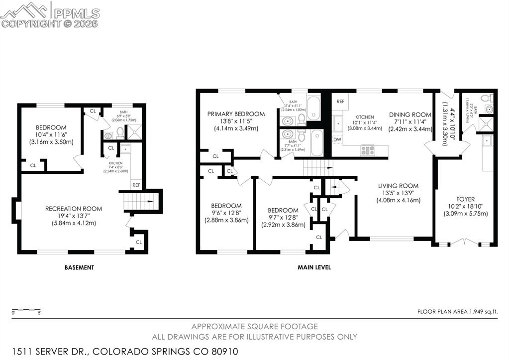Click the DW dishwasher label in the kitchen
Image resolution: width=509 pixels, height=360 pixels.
click(337, 139)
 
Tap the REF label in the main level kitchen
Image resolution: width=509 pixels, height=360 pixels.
click(340, 102)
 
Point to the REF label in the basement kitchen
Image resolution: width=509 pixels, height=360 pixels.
click(136, 185)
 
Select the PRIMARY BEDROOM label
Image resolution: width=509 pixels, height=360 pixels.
click(236, 114)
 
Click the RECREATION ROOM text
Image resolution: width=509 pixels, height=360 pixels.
click(74, 209)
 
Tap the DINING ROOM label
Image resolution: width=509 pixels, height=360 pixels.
click(410, 115)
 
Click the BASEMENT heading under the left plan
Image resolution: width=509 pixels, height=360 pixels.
click(79, 267)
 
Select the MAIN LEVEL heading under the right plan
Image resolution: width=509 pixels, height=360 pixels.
click(314, 267)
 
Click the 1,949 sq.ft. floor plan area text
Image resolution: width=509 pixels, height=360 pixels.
click(483, 312)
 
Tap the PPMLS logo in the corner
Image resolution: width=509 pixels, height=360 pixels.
click(50, 13)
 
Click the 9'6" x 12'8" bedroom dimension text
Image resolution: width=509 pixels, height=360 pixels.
click(226, 213)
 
